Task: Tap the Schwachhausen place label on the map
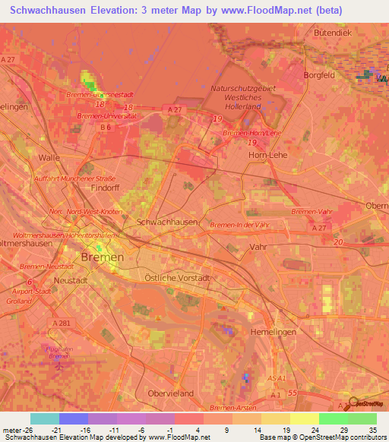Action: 166,222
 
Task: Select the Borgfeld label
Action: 320,76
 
